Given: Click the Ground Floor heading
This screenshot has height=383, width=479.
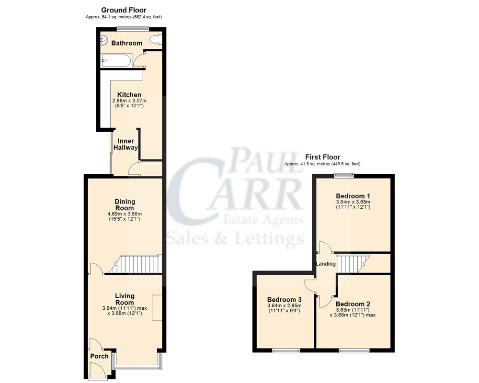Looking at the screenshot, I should pos(124,10).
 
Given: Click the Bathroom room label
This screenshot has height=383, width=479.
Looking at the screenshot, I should pos(126,43).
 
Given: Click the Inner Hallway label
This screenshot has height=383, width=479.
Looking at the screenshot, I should pos(125,145).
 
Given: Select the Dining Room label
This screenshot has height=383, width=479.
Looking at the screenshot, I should pos(125,205).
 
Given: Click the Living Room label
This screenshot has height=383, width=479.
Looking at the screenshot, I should pos(125,299).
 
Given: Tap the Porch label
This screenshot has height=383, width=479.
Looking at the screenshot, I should pos(100,356).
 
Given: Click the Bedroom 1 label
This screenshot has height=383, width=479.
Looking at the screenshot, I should pos(354,196).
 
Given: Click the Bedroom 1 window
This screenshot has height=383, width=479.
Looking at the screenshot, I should pos(344,175).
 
